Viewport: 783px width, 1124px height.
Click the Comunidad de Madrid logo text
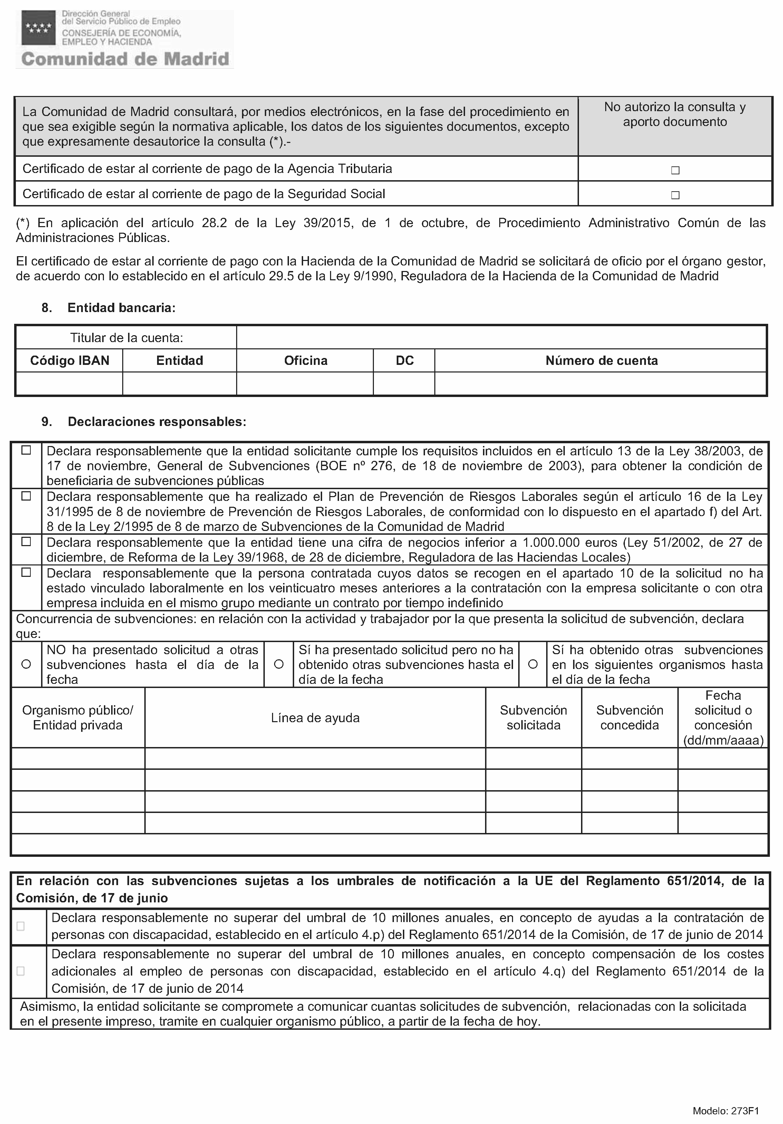click(125, 59)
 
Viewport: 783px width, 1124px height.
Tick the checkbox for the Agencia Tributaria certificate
click(675, 171)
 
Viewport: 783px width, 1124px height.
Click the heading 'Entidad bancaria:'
click(122, 308)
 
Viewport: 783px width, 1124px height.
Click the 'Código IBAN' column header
click(69, 361)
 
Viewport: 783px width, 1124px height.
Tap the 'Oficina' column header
click(306, 361)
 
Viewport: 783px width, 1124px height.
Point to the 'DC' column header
click(405, 361)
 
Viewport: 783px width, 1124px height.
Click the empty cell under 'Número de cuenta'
click(601, 384)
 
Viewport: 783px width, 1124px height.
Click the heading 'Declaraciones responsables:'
click(157, 421)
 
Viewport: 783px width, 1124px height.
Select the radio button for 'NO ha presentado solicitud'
click(27, 664)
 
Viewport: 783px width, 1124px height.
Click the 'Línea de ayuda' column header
click(315, 718)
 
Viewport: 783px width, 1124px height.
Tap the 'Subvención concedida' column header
click(629, 718)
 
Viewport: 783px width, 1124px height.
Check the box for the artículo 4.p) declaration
click(21, 926)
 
